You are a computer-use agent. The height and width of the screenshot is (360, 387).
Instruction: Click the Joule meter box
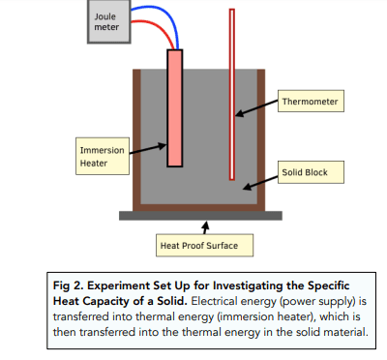(x=109, y=21)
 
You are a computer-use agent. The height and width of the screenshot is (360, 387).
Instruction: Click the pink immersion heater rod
(x=175, y=108)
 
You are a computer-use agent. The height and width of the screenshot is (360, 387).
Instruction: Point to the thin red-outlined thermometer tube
(x=232, y=94)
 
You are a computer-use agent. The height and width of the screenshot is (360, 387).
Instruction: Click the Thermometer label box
(x=311, y=101)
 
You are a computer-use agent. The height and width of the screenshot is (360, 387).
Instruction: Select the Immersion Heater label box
(x=103, y=156)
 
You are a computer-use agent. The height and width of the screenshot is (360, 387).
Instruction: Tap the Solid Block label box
(x=311, y=172)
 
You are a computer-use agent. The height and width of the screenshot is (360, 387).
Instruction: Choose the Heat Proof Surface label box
(x=204, y=246)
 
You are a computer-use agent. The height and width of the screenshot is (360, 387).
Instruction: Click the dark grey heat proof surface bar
(x=200, y=216)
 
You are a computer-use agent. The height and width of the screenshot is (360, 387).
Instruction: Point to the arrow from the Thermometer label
(x=256, y=107)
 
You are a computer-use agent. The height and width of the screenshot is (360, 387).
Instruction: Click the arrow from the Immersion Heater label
(x=148, y=149)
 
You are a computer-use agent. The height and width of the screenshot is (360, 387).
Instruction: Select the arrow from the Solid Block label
(x=260, y=183)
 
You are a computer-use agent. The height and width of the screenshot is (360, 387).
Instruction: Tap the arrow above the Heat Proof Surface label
(x=205, y=227)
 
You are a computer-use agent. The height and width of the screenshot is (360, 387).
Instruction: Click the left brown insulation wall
(x=136, y=139)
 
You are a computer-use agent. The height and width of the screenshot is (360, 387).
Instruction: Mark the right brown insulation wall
(x=261, y=139)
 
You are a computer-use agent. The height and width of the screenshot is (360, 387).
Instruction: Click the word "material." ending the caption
(x=345, y=332)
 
